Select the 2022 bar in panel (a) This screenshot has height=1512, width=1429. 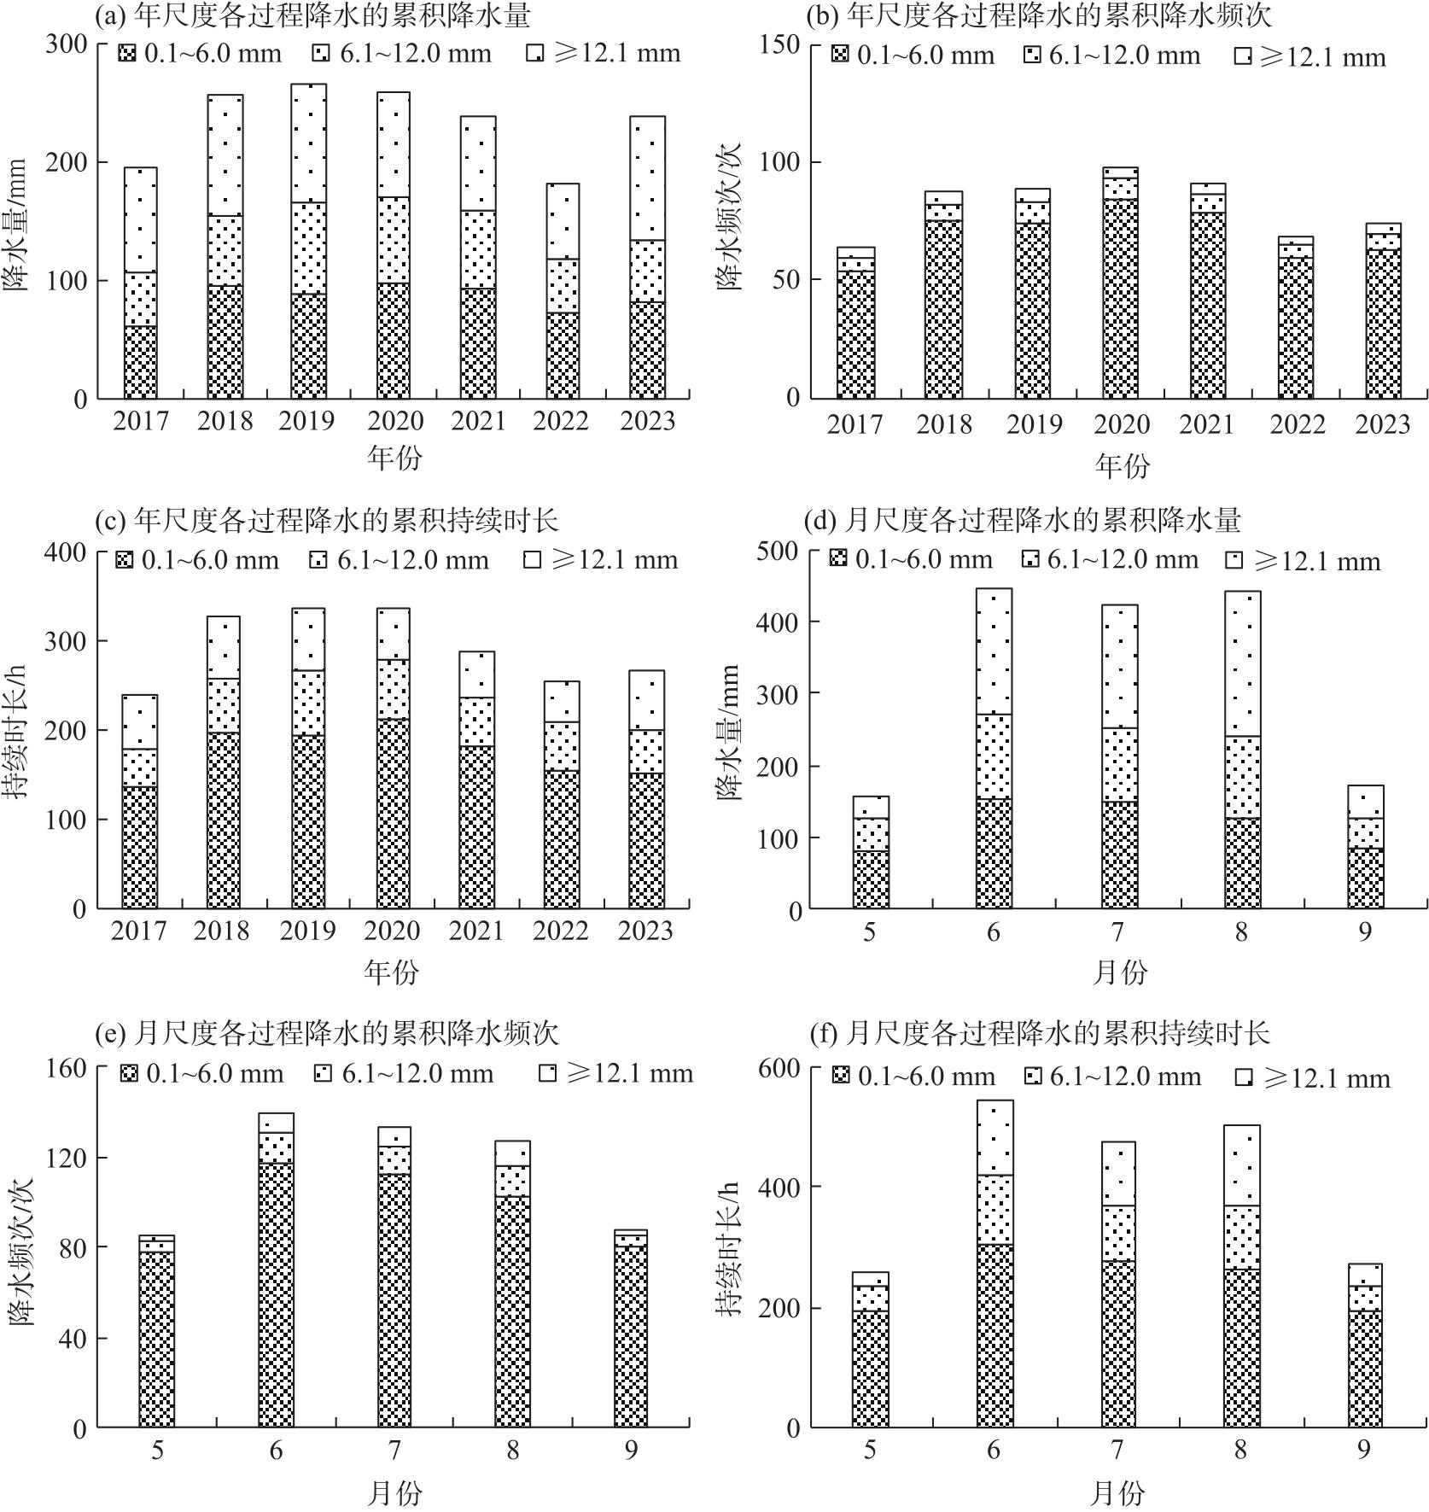click(563, 290)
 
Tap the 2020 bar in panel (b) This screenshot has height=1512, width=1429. click(1120, 283)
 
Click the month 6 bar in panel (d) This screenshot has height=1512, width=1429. click(994, 748)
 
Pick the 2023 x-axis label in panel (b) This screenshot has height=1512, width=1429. click(1382, 424)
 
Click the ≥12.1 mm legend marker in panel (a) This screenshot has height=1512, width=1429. click(535, 54)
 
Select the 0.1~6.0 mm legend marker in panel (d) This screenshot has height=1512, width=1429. click(838, 559)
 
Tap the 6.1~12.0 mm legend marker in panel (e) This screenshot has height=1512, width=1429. click(323, 1073)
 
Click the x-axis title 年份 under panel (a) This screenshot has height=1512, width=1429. click(394, 458)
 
